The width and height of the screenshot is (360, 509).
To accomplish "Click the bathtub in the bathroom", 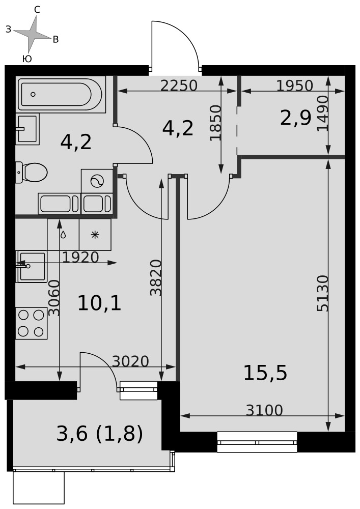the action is [61, 95].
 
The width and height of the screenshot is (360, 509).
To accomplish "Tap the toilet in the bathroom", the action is [32, 173].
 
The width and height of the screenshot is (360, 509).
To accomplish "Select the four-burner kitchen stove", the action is [32, 323].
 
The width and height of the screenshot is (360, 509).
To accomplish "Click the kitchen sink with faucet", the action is [32, 266].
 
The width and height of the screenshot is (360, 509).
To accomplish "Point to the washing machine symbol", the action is [97, 181].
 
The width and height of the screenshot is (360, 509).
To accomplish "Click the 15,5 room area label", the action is [265, 373].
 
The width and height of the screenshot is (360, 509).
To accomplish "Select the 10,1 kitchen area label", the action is [99, 304].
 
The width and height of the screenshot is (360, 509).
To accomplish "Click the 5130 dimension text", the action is [323, 294].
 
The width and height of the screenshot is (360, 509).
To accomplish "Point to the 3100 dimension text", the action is [265, 410].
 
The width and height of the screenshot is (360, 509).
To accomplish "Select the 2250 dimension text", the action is [179, 86].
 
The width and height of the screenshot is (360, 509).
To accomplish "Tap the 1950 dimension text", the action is [295, 86].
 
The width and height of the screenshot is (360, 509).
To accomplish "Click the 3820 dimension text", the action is [156, 277].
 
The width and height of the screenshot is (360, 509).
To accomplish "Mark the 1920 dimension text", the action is [80, 258].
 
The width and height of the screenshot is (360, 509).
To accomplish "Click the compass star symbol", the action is [32, 34].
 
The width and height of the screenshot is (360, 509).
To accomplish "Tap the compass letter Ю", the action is [27, 59].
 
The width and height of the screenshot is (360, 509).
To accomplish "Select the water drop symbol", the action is [63, 234].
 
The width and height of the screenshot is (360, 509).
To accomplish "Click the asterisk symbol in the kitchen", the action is [95, 234].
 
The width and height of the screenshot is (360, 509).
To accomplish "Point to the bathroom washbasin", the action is [27, 129].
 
